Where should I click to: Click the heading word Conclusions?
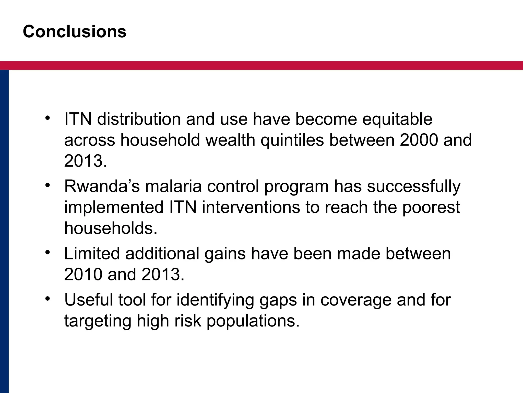click(x=75, y=32)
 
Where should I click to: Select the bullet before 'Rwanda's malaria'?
click(x=47, y=185)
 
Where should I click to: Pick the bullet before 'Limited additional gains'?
click(x=47, y=252)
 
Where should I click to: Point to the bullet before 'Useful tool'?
click(x=47, y=299)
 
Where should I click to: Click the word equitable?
click(x=397, y=120)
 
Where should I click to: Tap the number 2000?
click(x=419, y=140)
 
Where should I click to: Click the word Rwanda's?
click(x=102, y=186)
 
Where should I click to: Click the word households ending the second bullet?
click(x=110, y=228)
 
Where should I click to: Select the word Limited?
click(x=92, y=254)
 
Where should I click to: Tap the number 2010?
click(x=83, y=275)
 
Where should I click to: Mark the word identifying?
click(x=215, y=300)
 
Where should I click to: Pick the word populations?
click(x=253, y=321)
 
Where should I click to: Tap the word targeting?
click(x=98, y=321)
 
